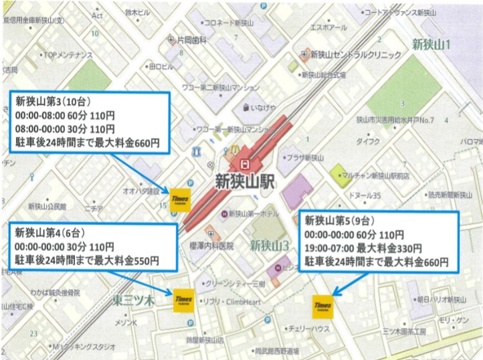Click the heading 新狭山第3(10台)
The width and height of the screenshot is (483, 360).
(x=50, y=101)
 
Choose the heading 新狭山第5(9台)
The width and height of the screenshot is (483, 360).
(x=338, y=221)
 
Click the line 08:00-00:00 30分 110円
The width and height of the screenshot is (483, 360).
(x=64, y=128)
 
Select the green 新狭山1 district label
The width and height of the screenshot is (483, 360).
(x=431, y=45)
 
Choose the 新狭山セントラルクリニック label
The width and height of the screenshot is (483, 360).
(x=355, y=54)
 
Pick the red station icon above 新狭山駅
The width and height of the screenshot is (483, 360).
(x=245, y=163)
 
